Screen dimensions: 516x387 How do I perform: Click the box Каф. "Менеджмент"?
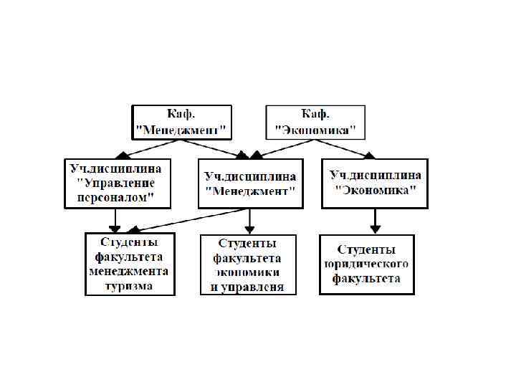click(x=182, y=123)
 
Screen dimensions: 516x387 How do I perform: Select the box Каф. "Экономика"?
click(x=315, y=123)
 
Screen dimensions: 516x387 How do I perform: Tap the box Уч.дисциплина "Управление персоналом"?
click(x=118, y=183)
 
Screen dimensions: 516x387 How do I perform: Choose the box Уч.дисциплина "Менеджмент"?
click(x=250, y=183)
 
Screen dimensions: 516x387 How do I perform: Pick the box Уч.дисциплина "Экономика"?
click(x=374, y=183)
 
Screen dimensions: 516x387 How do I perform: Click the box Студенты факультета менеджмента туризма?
click(x=129, y=264)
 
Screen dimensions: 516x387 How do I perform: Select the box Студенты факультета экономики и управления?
click(x=247, y=264)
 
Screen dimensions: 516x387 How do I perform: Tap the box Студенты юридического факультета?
click(x=366, y=264)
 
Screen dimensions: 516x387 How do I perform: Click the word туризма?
click(x=129, y=285)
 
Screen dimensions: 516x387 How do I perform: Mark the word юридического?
click(x=366, y=264)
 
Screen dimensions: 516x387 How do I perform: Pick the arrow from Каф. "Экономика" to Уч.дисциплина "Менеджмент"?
click(x=287, y=147)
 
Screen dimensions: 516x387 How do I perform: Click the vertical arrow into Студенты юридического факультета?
click(x=374, y=221)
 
